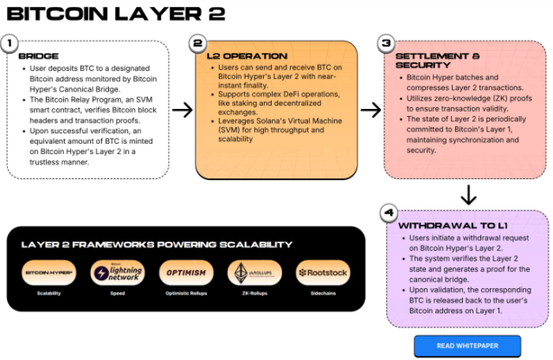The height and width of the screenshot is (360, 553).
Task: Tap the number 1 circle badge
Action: point(10,42)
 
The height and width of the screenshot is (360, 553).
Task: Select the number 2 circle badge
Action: point(197,42)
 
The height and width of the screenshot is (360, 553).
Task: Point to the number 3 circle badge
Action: point(386,42)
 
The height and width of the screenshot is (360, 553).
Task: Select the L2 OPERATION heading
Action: point(241,55)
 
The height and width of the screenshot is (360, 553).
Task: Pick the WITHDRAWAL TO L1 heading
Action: point(449,225)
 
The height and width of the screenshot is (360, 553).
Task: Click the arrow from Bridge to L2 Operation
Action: point(182,110)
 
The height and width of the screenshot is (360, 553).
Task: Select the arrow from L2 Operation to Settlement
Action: point(370,110)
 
